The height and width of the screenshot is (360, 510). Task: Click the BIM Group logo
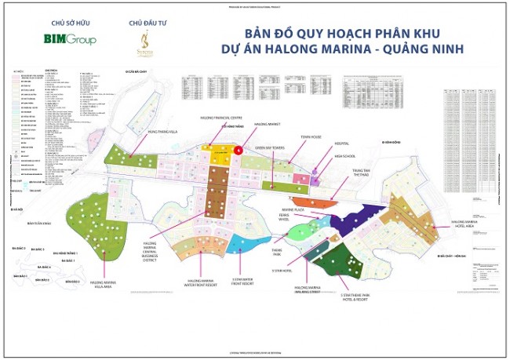[68, 39]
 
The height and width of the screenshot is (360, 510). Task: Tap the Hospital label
[341, 144]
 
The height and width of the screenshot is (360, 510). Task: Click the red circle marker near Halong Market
[239, 148]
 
